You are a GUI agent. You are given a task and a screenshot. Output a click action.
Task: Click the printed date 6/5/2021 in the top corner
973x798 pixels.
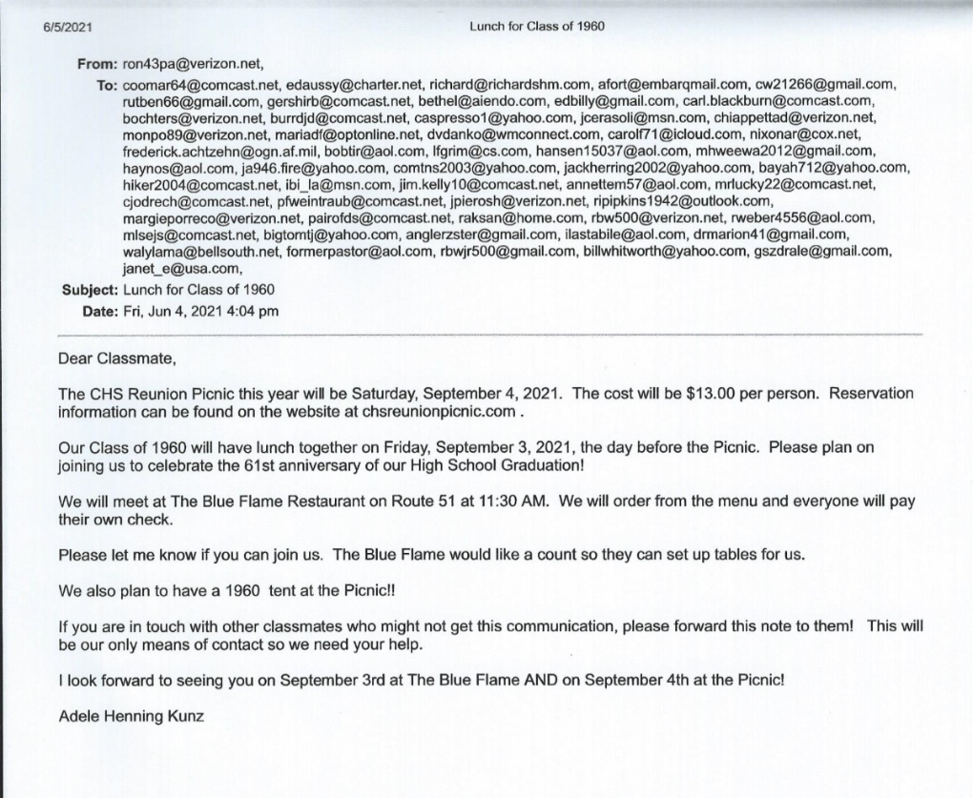[63, 26]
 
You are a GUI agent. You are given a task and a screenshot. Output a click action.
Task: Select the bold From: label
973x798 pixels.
[97, 66]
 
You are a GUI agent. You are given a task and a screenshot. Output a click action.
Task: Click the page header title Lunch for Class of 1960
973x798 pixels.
[536, 26]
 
